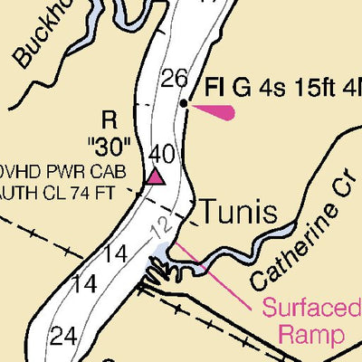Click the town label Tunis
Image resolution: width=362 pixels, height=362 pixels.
pyautogui.click(x=237, y=213)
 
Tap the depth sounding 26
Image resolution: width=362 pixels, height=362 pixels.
pyautogui.click(x=174, y=79)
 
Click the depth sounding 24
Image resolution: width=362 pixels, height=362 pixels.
pyautogui.click(x=62, y=337)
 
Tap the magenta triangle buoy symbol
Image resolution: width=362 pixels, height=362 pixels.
pyautogui.click(x=157, y=176)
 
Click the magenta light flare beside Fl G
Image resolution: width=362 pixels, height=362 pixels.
pyautogui.click(x=215, y=112)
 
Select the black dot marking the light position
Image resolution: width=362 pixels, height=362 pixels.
pyautogui.click(x=184, y=104)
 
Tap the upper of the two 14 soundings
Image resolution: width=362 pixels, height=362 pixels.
pyautogui.click(x=114, y=254)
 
